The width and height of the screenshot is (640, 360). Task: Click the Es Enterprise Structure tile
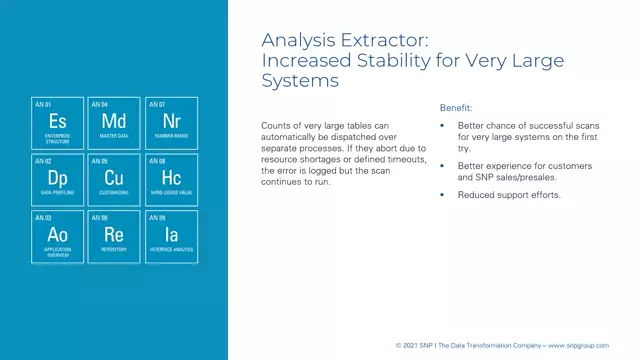coord(58,123)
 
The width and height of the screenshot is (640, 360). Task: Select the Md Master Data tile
coord(114,123)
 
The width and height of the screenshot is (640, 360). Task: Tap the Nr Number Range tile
coord(170,123)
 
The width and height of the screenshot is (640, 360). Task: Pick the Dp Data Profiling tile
coord(58,180)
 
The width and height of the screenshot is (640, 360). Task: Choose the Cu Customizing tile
coord(114,180)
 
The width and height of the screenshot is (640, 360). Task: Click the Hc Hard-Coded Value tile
coord(170,180)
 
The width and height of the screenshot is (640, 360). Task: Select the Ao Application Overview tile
coord(58,236)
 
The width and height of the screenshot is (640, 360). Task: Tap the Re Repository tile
coord(114,236)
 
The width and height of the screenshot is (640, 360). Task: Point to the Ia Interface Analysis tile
coord(170,236)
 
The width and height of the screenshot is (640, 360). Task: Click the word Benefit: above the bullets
coord(456,107)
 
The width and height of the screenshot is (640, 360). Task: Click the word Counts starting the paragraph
coord(275,125)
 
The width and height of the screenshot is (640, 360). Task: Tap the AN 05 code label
coord(99,161)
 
